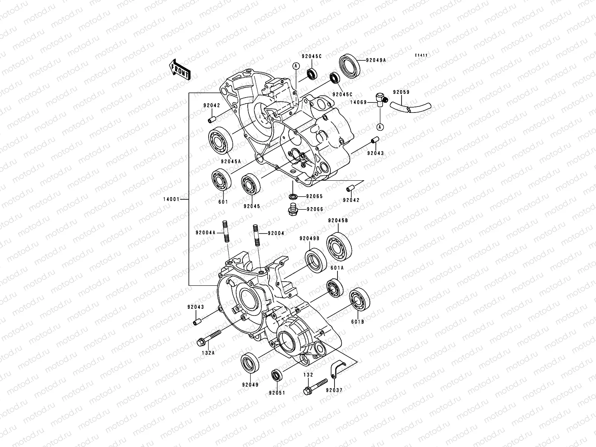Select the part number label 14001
170,200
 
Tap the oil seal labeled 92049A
350,66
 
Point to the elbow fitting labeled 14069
381,100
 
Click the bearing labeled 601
222,181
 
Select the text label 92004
276,233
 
